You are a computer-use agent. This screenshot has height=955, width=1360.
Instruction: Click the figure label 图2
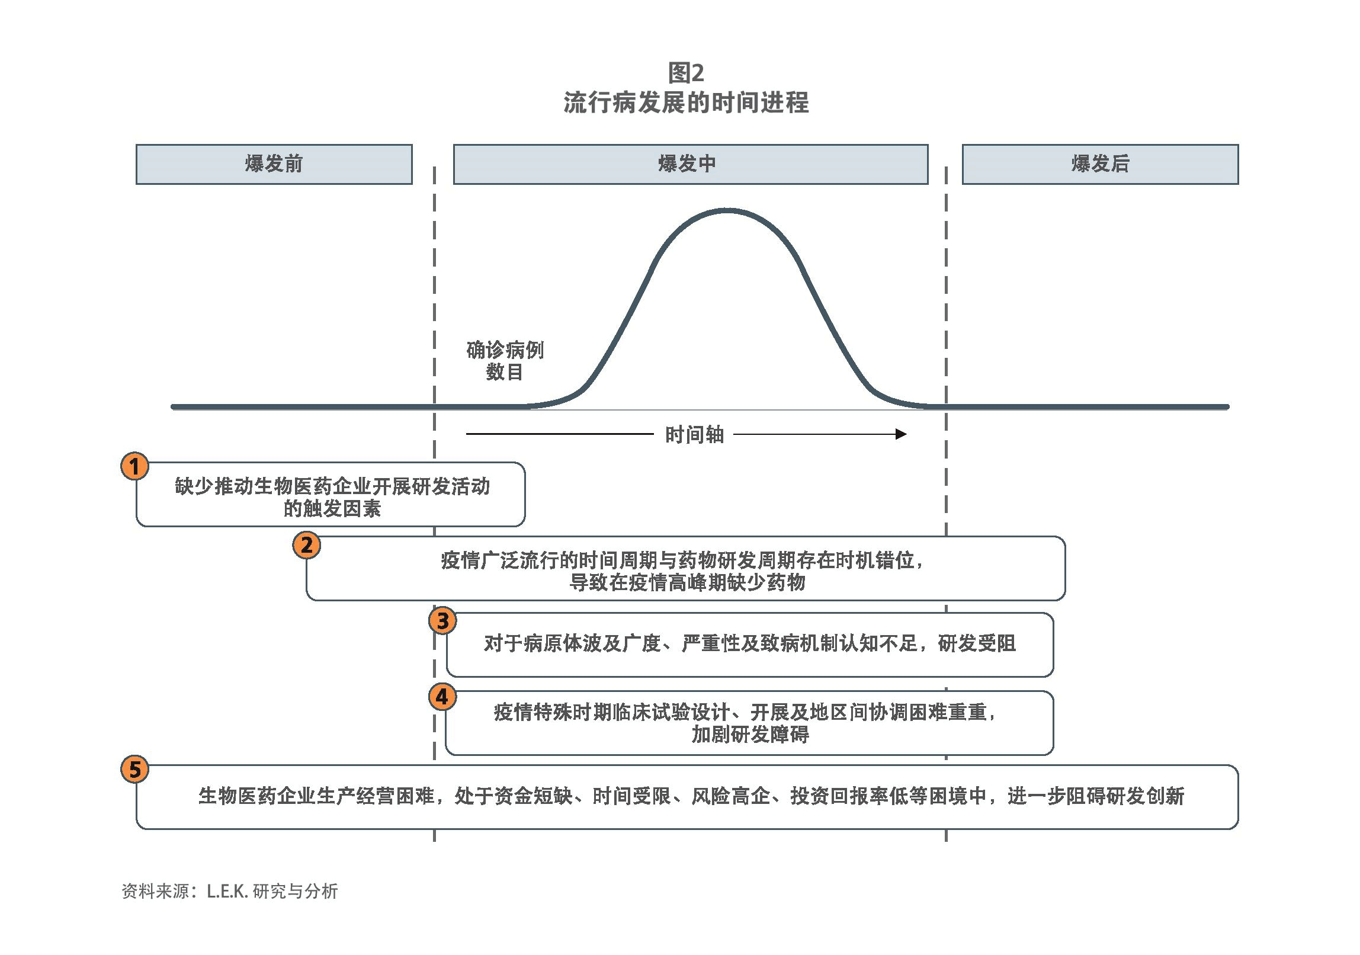[x=686, y=73]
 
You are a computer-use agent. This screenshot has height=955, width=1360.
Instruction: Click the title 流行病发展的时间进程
[x=686, y=102]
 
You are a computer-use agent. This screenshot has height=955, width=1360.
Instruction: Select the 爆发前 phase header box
[x=274, y=164]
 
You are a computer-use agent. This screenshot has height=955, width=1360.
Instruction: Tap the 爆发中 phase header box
[x=690, y=164]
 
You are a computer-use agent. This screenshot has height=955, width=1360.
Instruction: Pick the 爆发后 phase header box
[x=1100, y=164]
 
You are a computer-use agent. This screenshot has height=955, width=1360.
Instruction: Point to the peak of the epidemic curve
[x=727, y=210]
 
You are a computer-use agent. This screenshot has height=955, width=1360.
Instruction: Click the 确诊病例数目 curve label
[x=505, y=361]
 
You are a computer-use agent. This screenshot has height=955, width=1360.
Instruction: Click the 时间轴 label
[x=694, y=435]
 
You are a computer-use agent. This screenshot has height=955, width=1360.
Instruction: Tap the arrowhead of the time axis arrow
[x=901, y=434]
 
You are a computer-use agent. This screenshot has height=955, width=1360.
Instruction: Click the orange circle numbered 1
[x=134, y=466]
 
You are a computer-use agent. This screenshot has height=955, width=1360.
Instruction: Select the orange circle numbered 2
[x=307, y=545]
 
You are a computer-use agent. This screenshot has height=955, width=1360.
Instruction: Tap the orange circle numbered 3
[x=442, y=621]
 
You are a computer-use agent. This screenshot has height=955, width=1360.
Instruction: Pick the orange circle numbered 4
[x=442, y=697]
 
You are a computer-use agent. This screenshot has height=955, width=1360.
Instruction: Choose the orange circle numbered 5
[x=134, y=770]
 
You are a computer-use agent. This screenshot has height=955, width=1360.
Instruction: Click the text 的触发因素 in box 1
[x=332, y=508]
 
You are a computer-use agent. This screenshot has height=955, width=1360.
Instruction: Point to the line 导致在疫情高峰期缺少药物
[x=687, y=582]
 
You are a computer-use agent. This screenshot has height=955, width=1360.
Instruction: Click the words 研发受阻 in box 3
[x=977, y=643]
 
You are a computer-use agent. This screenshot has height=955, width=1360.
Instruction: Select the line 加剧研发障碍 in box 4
[x=750, y=735]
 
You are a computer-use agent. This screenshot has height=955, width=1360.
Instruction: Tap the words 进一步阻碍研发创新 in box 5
[x=1096, y=796]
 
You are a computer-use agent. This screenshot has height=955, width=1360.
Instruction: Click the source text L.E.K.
[x=227, y=892]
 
